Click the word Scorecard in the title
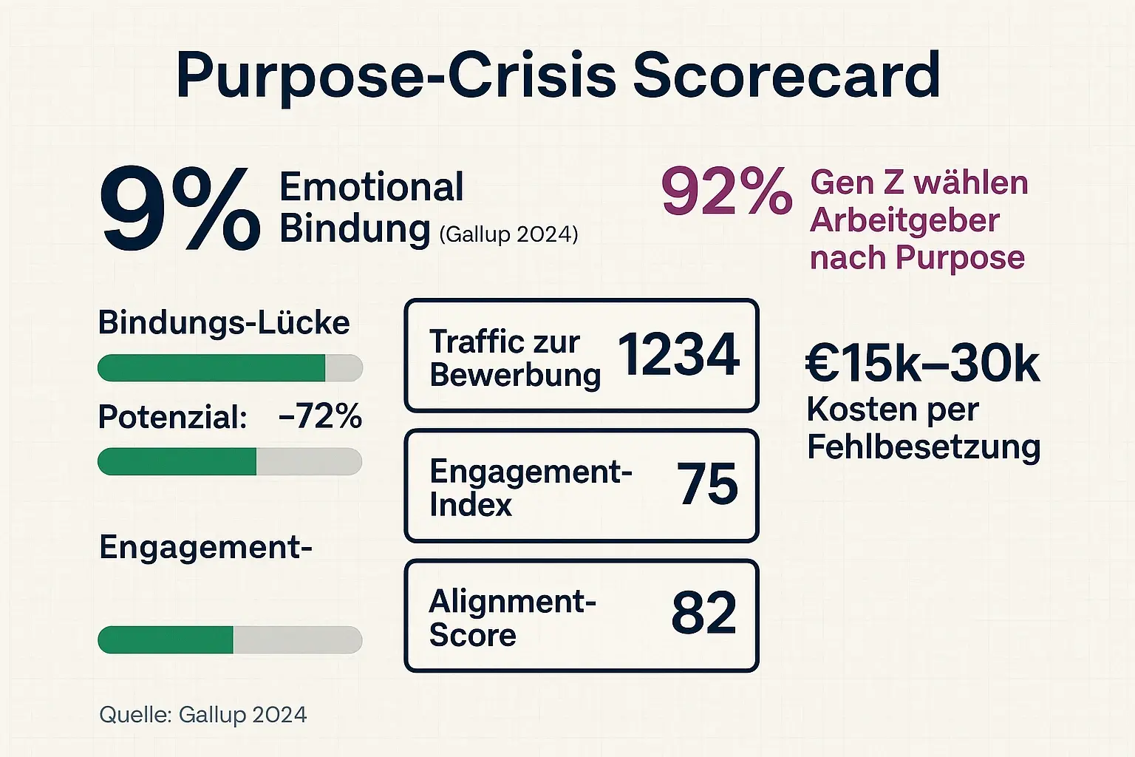point(786,75)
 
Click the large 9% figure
point(180,209)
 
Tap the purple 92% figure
point(726,192)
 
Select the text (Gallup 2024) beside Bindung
point(508,234)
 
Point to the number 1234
point(678,355)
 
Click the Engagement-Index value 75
point(707,485)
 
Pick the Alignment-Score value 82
point(703,614)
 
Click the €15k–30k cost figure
point(922,364)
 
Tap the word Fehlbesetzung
point(924,447)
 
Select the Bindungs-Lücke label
point(224,323)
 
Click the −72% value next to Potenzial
point(320,417)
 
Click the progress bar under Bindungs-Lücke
point(230,368)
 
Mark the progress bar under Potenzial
point(230,461)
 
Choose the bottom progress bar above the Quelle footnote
point(230,640)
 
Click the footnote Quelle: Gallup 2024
point(203,715)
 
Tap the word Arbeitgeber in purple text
point(904,220)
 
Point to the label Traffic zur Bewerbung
point(514,358)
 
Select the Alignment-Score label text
point(511,618)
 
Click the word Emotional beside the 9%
point(372,186)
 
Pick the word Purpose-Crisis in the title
point(396,75)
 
